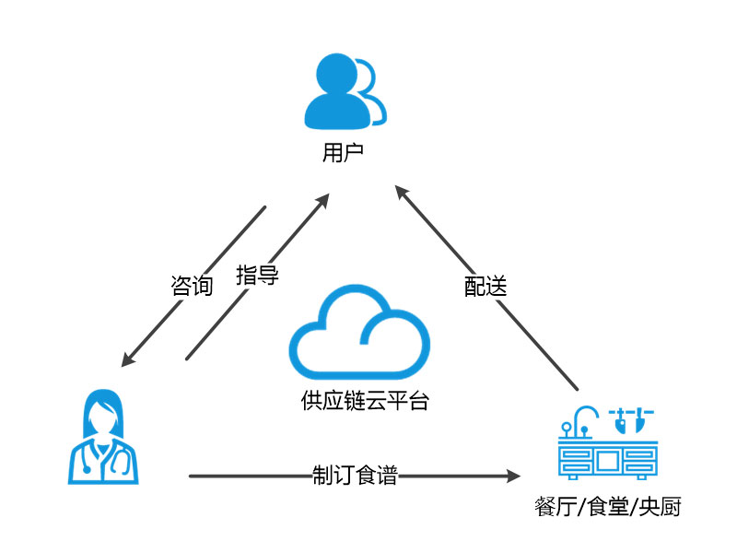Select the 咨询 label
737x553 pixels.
tap(193, 285)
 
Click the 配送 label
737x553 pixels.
tap(485, 286)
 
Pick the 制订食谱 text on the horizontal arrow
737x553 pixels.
tap(355, 476)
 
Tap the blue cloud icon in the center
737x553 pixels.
tap(359, 336)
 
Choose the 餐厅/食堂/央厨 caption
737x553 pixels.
tap(608, 507)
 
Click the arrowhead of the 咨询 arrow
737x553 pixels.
tap(128, 360)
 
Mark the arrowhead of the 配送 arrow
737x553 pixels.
tap(400, 191)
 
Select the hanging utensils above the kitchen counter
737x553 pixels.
tap(633, 418)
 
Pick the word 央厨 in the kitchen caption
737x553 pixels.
tap(661, 507)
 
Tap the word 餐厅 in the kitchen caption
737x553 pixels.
tap(554, 507)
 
